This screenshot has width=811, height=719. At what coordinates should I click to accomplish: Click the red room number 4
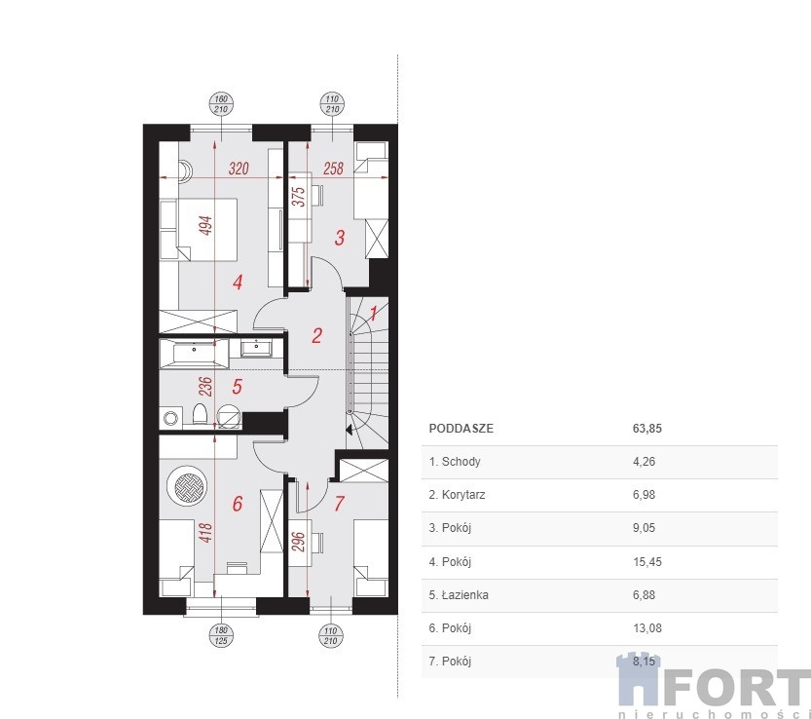(238, 283)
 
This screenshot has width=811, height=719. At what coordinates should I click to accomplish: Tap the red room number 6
(238, 504)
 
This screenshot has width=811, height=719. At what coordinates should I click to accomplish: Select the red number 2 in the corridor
(316, 336)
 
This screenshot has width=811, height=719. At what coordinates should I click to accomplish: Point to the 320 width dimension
(239, 169)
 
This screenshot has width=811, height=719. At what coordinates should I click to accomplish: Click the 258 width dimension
(333, 169)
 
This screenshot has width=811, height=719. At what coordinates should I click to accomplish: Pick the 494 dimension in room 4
(205, 226)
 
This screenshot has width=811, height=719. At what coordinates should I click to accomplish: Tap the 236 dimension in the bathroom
(205, 387)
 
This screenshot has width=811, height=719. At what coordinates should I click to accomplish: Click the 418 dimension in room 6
(205, 533)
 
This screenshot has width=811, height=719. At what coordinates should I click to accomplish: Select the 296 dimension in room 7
(299, 542)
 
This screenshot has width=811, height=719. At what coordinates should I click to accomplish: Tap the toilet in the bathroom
(200, 415)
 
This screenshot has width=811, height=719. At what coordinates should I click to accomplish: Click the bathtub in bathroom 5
(194, 354)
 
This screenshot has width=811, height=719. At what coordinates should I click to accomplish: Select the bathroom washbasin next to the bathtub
(256, 348)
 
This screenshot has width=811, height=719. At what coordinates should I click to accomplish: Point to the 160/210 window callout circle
(221, 104)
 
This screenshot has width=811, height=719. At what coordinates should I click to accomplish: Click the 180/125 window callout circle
(221, 635)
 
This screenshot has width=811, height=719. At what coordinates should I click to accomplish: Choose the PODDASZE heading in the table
(461, 429)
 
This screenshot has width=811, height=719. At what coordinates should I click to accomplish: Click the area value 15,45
(647, 561)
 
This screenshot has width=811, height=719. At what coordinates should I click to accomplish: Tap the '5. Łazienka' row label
(459, 594)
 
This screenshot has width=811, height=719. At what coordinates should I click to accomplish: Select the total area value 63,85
(647, 429)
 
